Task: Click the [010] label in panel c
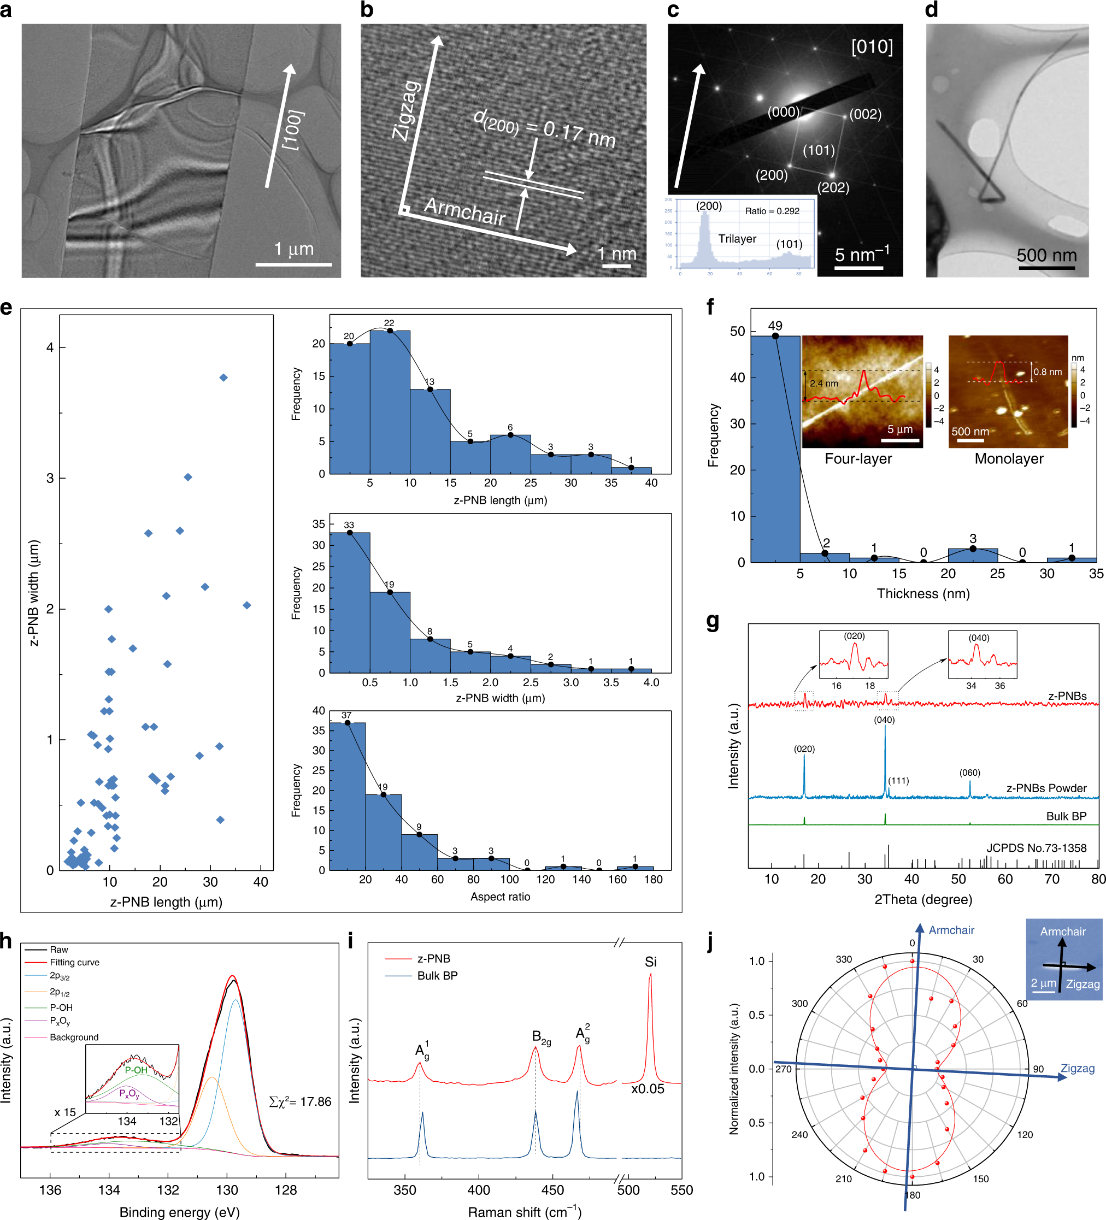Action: coord(871,46)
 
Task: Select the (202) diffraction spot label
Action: coord(833,187)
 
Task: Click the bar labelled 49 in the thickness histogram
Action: coord(775,448)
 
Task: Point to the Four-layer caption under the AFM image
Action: coord(858,459)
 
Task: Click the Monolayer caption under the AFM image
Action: coord(1009,459)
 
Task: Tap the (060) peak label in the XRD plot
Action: coord(969,773)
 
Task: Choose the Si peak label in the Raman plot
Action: coord(650,962)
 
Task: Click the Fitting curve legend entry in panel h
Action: coord(74,962)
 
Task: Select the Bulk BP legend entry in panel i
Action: coord(437,976)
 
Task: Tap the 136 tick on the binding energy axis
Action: coord(50,1190)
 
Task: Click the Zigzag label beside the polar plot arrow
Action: coord(1077,1068)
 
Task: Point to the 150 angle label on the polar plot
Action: coord(981,1179)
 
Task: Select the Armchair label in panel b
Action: coord(464,212)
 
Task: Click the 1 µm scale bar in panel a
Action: coord(293,264)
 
